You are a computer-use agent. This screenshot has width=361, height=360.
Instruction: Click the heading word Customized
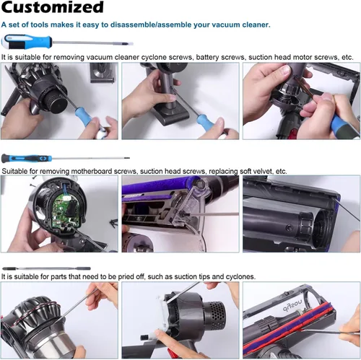53,7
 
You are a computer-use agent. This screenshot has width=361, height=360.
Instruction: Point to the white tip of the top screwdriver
129,44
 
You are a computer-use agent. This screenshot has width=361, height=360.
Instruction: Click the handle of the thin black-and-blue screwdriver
27,159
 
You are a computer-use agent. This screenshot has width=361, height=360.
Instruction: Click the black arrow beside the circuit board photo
113,224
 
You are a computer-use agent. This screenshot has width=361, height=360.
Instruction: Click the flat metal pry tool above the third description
46,268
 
